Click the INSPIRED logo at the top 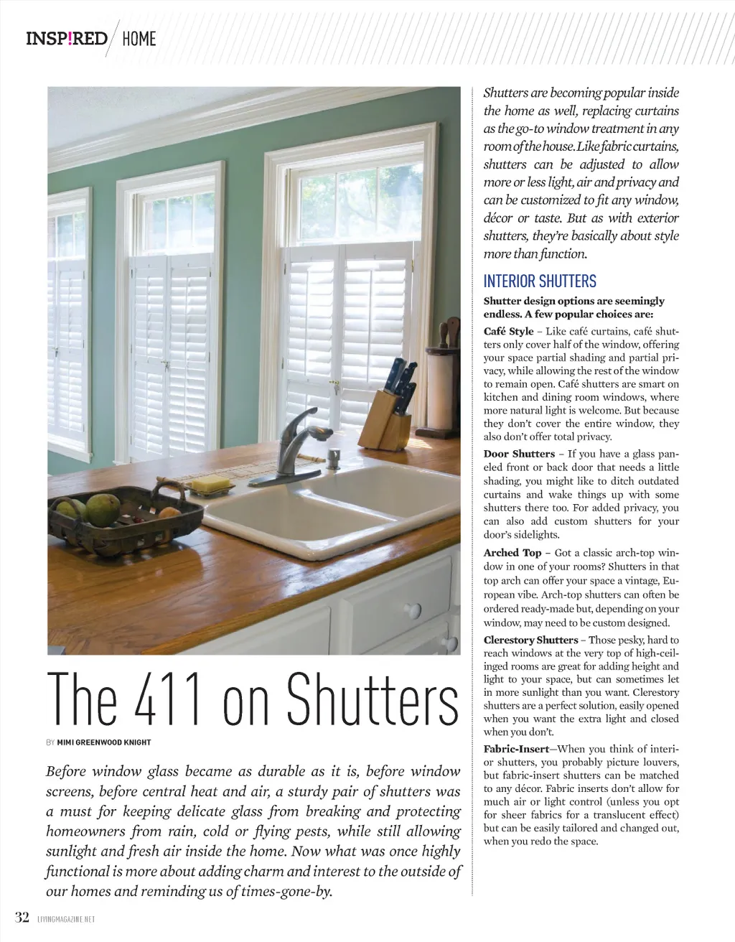point(66,38)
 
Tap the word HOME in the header point(139,39)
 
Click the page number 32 point(22,918)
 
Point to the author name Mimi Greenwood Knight point(104,742)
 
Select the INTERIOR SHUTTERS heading point(540,281)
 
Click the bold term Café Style point(508,331)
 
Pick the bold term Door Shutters point(518,454)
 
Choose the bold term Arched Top point(512,553)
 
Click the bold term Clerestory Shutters point(530,640)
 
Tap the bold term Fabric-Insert point(515,749)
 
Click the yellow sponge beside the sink point(210,486)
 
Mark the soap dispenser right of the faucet point(334,458)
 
